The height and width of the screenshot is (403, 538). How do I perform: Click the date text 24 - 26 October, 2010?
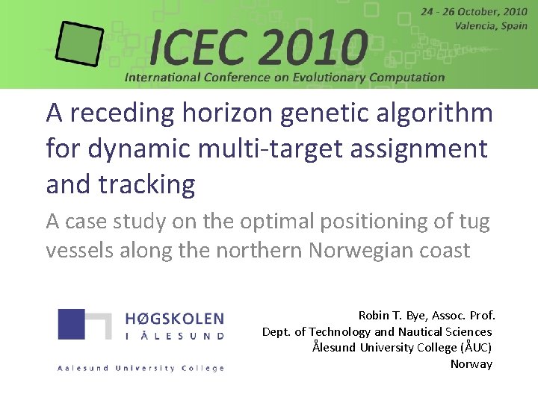click(x=474, y=11)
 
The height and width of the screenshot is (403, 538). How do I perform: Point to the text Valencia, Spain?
click(x=491, y=25)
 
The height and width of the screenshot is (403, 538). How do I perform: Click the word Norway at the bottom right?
click(x=471, y=364)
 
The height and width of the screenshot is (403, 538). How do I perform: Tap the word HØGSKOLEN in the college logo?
click(x=174, y=319)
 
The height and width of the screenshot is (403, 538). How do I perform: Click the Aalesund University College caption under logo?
click(x=140, y=368)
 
